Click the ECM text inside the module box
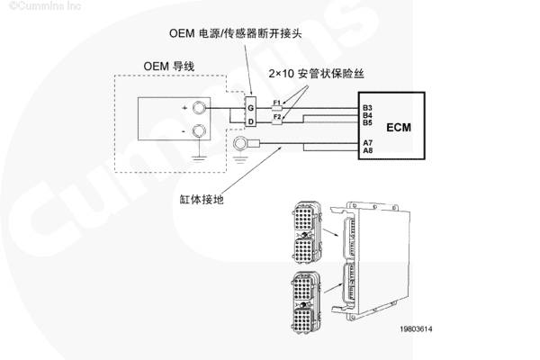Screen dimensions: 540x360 [x=399, y=128]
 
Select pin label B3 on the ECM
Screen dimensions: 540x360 [x=367, y=108]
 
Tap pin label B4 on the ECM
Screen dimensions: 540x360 [x=367, y=115]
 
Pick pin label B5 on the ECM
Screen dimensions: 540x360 [x=367, y=122]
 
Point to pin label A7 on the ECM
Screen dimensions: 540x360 [x=368, y=142]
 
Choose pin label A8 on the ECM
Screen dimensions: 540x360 [x=368, y=150]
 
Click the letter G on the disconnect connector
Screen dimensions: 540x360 [x=251, y=108]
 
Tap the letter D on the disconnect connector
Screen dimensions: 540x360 [x=251, y=121]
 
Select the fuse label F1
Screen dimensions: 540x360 [x=277, y=103]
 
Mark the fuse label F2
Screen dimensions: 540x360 [x=277, y=116]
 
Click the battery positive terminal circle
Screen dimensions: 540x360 [x=199, y=108]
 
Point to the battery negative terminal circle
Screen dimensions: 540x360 [x=199, y=130]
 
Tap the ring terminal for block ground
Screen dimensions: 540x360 [x=239, y=143]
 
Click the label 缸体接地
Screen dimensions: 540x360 [x=202, y=199]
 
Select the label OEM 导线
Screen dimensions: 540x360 [x=169, y=66]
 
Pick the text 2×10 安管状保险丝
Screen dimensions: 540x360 [x=316, y=74]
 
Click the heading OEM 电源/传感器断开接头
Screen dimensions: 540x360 [x=236, y=33]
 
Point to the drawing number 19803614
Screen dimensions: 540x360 [x=416, y=328]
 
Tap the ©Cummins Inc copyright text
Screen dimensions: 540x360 [x=44, y=5]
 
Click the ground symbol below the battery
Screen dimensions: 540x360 [x=199, y=158]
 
